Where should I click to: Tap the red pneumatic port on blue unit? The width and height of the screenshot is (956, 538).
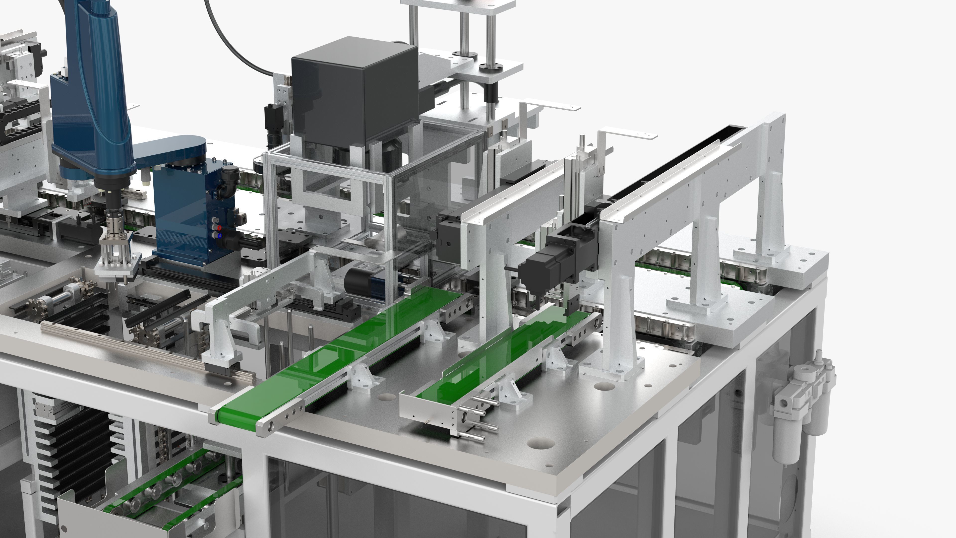pyautogui.click(x=219, y=227)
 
